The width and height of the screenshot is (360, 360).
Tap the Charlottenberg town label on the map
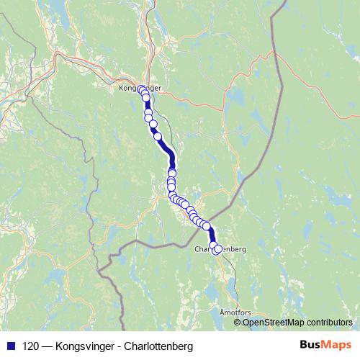[220, 248]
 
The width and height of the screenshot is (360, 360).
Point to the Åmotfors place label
[236, 313]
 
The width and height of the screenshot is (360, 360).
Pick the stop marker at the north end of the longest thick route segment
[158, 136]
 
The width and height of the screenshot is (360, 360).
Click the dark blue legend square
[10, 346]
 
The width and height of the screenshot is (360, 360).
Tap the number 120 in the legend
[31, 346]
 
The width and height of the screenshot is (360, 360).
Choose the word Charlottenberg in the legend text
[159, 346]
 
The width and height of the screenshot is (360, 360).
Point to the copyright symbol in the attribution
[238, 322]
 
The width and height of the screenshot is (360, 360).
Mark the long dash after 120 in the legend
[48, 346]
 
